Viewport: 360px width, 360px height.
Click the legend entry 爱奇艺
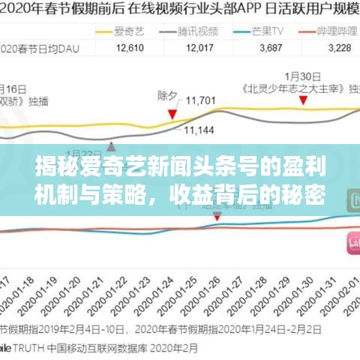click(124, 31)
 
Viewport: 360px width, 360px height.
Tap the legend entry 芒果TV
click(268, 31)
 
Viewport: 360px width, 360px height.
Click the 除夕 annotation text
click(168, 96)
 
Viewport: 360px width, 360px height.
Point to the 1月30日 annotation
click(298, 76)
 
